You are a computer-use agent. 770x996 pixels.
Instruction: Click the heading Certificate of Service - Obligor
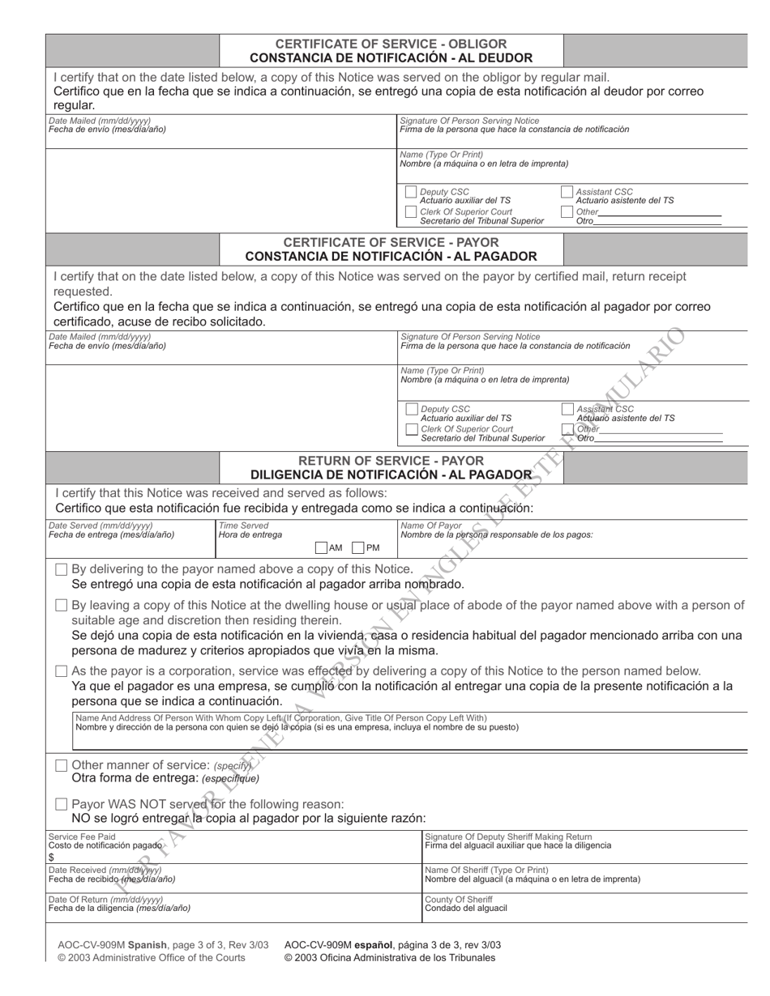tap(391, 44)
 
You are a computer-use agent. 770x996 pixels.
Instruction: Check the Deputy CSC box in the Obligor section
tap(411, 193)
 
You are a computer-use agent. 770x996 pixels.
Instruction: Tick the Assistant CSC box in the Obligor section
tap(567, 193)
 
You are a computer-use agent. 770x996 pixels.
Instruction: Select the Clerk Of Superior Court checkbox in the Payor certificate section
tap(412, 429)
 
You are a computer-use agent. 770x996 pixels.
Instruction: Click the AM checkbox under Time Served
tap(321, 548)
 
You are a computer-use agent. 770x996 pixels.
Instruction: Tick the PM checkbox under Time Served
tap(358, 548)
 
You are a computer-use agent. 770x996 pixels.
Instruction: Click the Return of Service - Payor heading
tap(391, 461)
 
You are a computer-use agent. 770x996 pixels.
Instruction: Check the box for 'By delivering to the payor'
tap(62, 569)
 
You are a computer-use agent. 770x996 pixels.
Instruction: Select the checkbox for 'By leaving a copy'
tap(62, 606)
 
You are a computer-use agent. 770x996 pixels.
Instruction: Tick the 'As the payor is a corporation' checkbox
tap(62, 671)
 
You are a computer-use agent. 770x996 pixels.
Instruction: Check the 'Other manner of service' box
tap(62, 765)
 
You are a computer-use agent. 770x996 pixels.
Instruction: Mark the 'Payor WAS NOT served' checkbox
tap(62, 804)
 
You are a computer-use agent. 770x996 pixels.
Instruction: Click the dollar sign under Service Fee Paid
tap(51, 857)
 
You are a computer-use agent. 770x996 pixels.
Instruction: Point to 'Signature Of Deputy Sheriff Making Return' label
tap(508, 836)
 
